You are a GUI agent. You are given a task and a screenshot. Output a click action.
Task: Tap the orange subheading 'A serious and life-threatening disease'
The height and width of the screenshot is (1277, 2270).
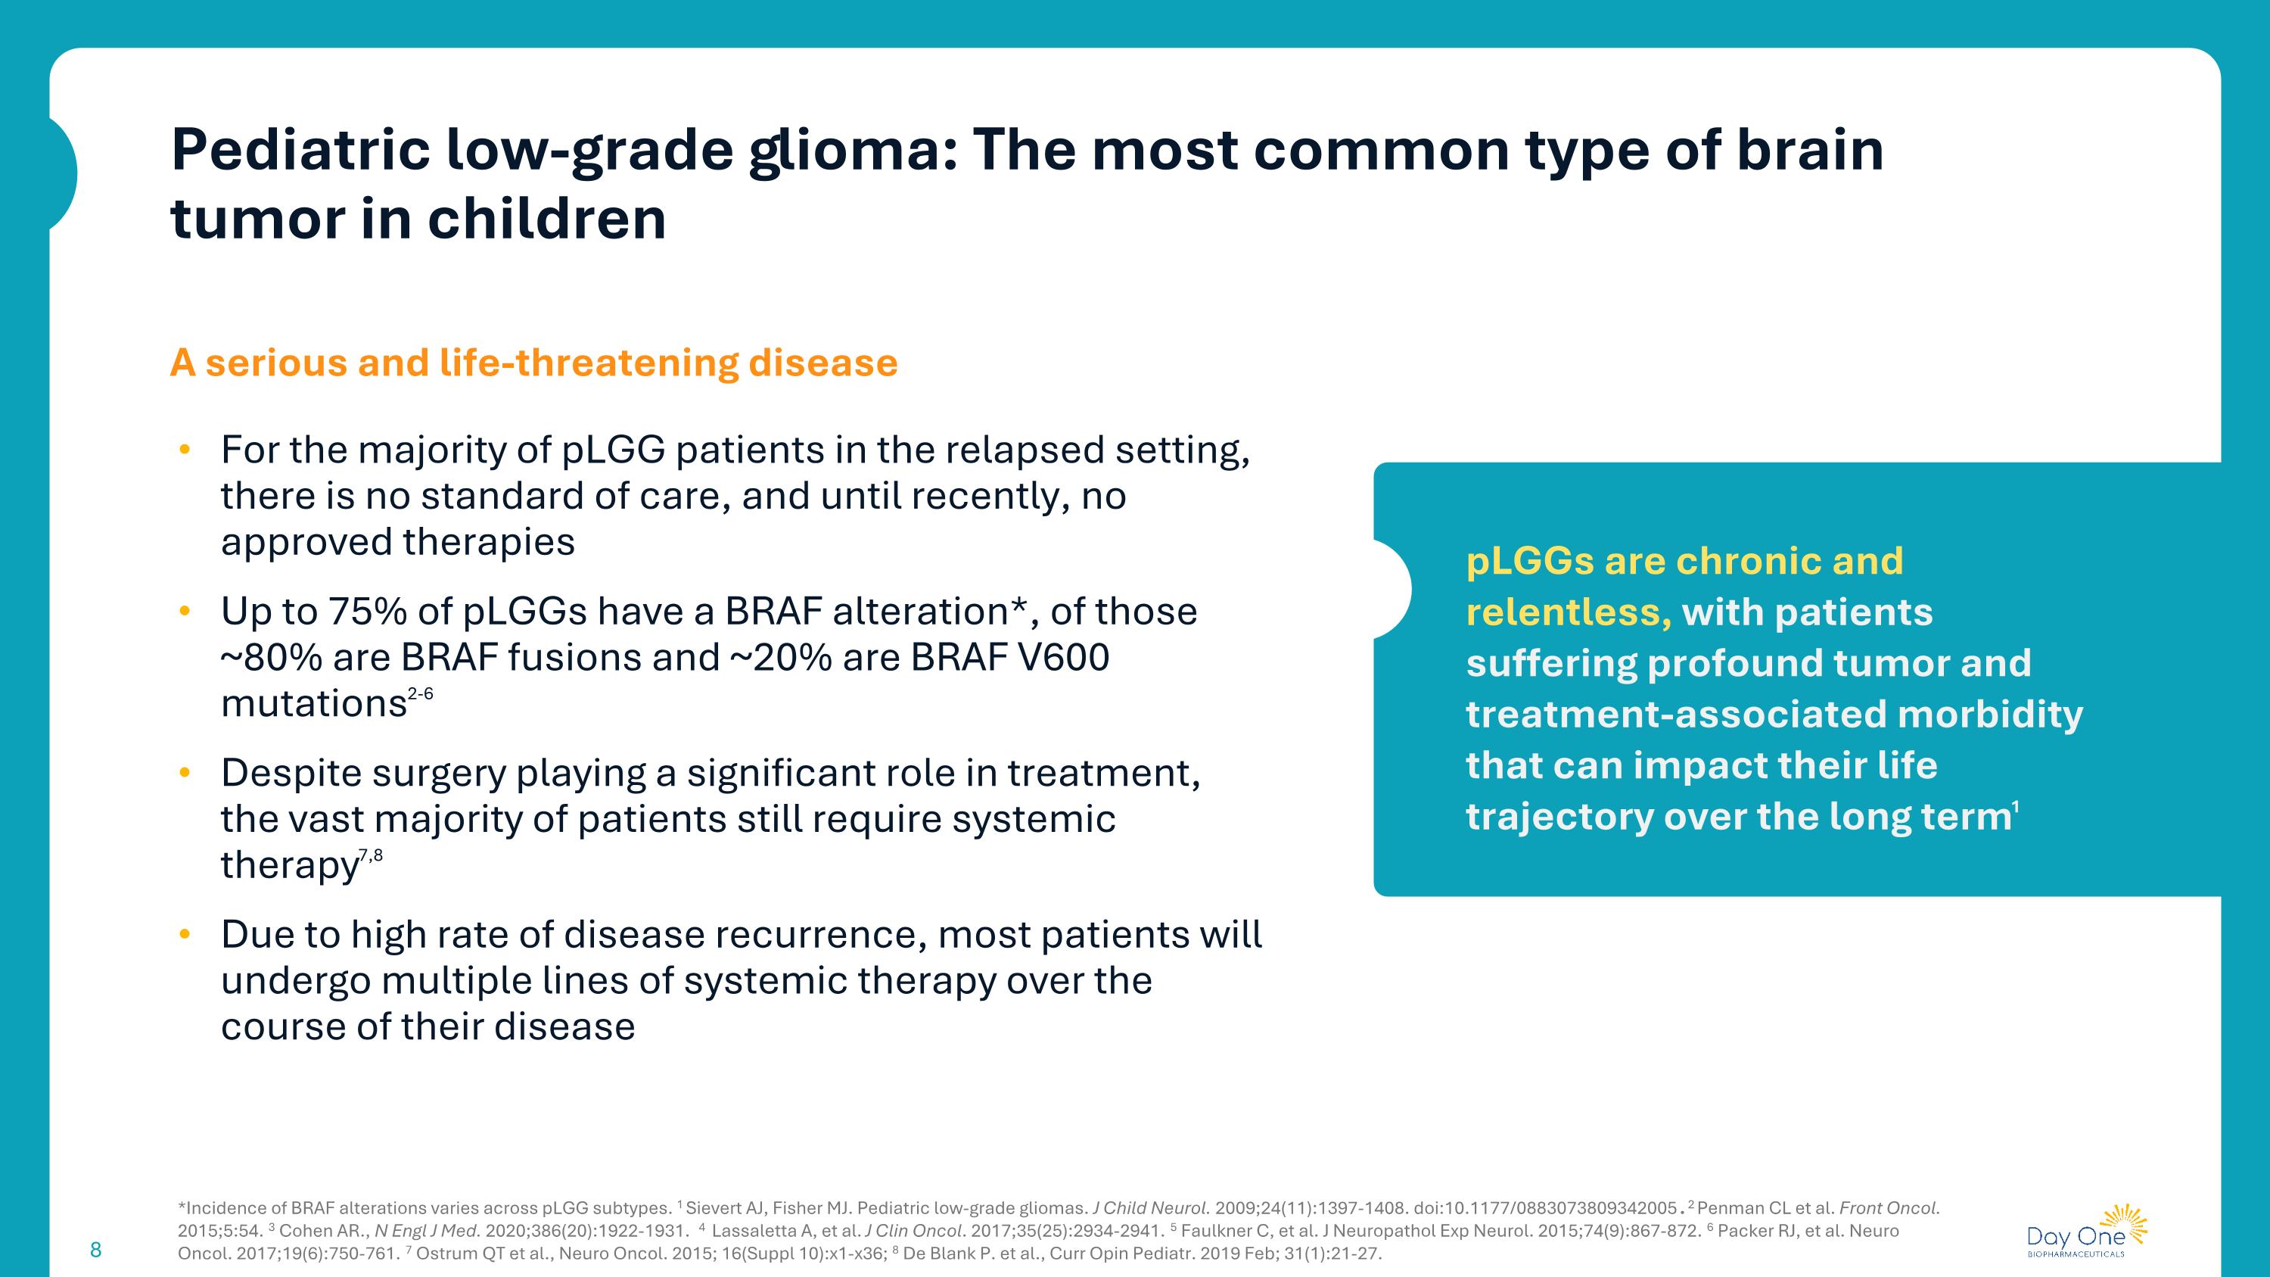click(x=533, y=363)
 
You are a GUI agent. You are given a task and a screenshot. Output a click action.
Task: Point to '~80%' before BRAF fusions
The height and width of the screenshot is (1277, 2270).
click(x=271, y=658)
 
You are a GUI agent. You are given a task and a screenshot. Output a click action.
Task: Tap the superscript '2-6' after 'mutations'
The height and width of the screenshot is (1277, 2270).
click(x=421, y=694)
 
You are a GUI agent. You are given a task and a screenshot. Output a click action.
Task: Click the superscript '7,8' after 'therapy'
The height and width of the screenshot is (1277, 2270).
click(x=371, y=855)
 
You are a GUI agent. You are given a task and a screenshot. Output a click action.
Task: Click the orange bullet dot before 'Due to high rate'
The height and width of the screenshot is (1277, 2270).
click(x=184, y=934)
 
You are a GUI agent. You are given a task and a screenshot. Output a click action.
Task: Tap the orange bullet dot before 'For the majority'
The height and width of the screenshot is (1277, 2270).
click(x=184, y=450)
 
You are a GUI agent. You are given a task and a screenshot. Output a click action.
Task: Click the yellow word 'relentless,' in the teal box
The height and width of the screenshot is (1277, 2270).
click(x=1568, y=612)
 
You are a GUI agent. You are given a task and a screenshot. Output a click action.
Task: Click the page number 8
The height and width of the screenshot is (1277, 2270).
click(x=96, y=1250)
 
